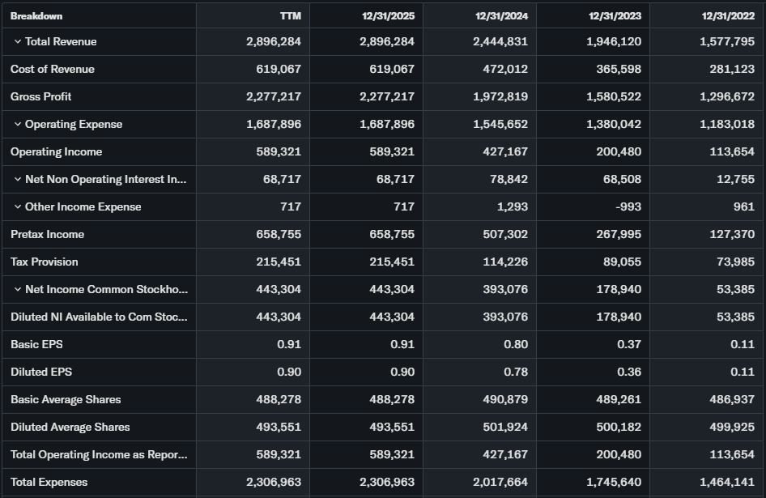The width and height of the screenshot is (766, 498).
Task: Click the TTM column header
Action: (290, 16)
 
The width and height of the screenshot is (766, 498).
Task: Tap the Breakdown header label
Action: (36, 16)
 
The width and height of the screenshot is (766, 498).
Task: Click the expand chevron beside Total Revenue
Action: (18, 42)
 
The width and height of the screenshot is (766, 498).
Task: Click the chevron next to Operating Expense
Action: (18, 125)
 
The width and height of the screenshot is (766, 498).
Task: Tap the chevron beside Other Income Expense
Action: (18, 207)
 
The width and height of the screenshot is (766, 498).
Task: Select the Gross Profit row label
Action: (41, 97)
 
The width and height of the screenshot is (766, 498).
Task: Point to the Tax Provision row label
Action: (45, 262)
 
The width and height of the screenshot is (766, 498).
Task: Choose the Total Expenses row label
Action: (49, 483)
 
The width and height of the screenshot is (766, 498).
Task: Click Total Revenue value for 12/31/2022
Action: (726, 42)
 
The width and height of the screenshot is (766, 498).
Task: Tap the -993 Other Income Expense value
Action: (628, 207)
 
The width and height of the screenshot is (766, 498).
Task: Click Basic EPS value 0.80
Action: (515, 345)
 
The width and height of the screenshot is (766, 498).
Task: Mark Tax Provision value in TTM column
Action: (278, 262)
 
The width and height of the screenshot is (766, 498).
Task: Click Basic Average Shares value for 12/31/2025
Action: (391, 400)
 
